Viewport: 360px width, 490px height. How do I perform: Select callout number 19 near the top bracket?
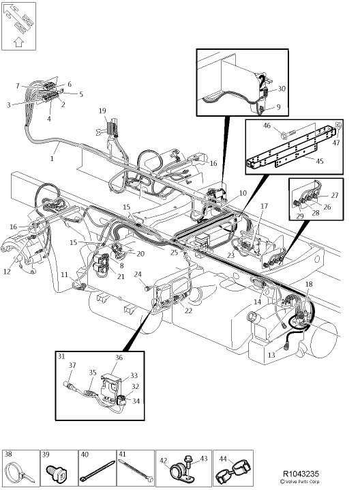pos(102,111)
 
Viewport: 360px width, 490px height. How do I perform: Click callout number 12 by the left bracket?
pos(7,272)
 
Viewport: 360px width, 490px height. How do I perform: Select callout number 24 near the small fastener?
pos(138,275)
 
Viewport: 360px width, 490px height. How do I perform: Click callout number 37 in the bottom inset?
pos(72,365)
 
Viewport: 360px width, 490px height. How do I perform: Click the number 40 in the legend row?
pos(85,454)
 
